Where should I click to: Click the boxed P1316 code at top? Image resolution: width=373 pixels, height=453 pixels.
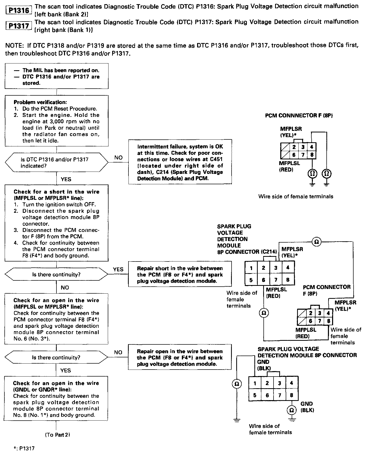[x=18, y=10]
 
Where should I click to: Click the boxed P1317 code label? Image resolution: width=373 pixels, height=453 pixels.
[x=18, y=26]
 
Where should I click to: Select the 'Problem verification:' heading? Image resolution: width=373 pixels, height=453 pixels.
[x=40, y=102]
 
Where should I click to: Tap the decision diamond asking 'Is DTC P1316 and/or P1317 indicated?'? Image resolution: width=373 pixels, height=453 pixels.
[x=56, y=162]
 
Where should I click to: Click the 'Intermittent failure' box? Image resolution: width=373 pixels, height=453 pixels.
[x=180, y=162]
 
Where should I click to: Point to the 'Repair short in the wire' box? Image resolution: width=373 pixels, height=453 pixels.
[x=180, y=274]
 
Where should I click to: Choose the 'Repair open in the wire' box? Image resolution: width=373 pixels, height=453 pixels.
[x=180, y=357]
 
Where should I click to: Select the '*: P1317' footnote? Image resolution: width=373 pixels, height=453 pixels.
[x=24, y=448]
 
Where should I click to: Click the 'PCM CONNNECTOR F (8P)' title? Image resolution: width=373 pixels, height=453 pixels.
[x=299, y=115]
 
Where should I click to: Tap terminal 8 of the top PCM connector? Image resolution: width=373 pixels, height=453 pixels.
[x=312, y=155]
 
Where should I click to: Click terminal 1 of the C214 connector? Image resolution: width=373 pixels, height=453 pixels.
[x=251, y=268]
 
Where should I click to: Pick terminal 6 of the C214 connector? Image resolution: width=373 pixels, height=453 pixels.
[x=263, y=280]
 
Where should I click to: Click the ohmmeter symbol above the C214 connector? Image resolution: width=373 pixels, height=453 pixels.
[x=316, y=242]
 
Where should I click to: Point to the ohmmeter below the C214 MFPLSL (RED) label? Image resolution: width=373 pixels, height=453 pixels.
[x=264, y=313]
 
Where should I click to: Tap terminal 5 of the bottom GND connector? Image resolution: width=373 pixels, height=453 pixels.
[x=255, y=395]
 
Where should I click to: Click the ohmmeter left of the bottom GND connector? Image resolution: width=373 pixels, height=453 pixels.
[x=236, y=384]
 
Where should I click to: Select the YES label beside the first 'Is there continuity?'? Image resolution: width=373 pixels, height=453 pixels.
[x=118, y=269]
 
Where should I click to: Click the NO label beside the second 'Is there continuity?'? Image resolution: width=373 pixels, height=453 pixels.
[x=118, y=352]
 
